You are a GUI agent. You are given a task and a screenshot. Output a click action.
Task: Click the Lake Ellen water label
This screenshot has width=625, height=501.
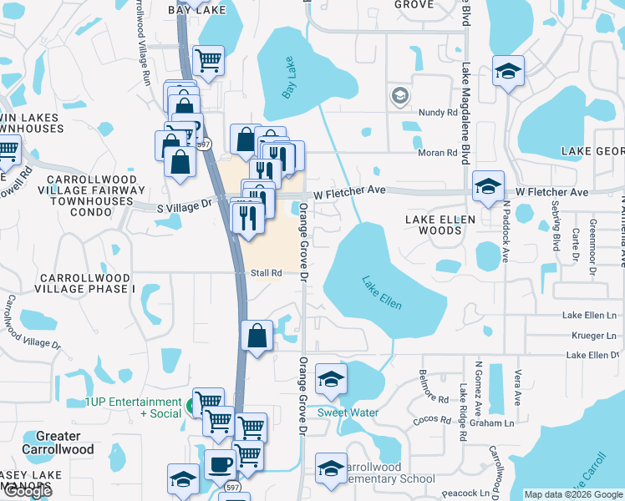382,293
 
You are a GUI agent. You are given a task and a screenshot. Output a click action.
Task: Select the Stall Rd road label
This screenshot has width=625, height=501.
267,273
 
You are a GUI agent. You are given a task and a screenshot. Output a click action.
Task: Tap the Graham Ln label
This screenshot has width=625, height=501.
508,423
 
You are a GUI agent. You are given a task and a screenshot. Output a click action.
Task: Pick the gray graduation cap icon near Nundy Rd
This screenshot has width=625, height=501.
399,96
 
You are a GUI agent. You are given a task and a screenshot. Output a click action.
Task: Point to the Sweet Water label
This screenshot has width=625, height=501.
348,412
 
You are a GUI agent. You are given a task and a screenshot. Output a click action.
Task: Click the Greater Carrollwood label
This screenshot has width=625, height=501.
58,443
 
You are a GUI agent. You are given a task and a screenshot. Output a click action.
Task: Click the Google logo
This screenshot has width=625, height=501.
28,491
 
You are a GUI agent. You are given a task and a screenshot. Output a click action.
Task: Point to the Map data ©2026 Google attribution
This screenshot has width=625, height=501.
572,494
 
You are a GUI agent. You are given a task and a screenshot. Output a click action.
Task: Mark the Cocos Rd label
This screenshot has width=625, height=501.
432,420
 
